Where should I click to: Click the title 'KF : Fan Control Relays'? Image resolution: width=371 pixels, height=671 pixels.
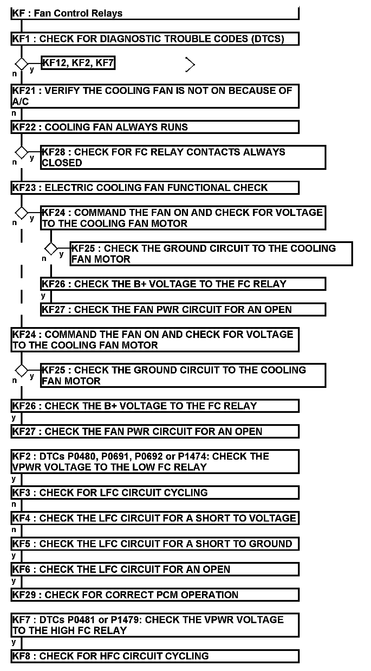point(67,13)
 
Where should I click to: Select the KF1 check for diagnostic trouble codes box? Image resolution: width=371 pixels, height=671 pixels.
point(155,39)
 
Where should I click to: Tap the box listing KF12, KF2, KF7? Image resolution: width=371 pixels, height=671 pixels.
point(78,63)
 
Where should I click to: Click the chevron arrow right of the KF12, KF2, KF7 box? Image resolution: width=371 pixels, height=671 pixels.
point(190,65)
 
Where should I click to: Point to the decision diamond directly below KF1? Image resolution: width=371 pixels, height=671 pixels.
point(21,64)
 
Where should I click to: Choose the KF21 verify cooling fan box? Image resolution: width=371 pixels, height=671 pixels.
point(155,96)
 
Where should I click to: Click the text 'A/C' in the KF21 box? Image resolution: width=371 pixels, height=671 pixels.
point(20,102)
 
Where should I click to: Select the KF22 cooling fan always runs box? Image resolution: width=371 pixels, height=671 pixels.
point(155,127)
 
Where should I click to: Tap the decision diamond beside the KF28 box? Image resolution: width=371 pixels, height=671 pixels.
point(21,153)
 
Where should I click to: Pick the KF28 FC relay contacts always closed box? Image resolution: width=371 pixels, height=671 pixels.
point(183,157)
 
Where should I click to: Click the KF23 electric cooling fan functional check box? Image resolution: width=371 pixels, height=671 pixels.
point(155,187)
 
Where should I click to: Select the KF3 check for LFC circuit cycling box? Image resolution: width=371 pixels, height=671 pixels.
point(155,492)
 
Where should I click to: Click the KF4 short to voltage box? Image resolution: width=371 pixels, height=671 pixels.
point(155,518)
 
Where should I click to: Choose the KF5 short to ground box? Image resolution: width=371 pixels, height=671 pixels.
point(155,544)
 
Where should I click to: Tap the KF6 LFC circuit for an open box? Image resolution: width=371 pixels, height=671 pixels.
point(155,569)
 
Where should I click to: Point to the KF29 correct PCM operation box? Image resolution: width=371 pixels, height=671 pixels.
point(155,595)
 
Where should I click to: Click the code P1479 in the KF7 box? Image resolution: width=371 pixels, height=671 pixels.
point(126,619)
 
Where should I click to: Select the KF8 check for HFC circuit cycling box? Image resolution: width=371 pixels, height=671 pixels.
point(155,656)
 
